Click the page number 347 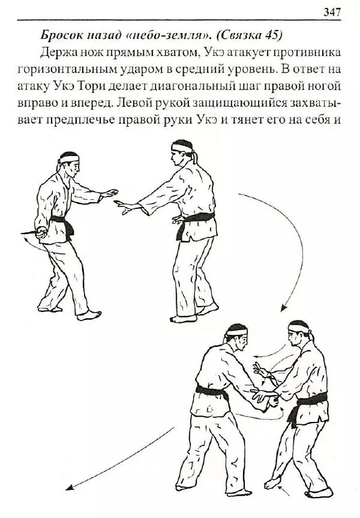pos(331,12)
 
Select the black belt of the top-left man pos(62,224)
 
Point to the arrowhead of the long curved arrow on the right pos(283,309)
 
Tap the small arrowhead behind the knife pos(25,241)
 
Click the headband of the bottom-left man pos(237,331)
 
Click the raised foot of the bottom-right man pos(273,484)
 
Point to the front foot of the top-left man pos(89,316)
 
